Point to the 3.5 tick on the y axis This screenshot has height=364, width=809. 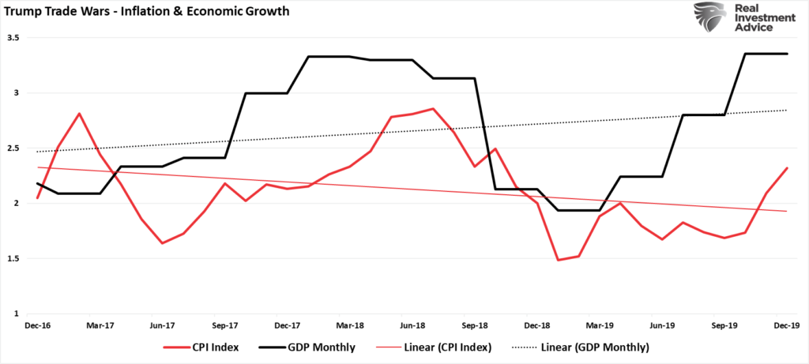(14, 38)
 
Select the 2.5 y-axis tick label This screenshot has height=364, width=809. (14, 148)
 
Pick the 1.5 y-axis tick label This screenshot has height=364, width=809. (14, 258)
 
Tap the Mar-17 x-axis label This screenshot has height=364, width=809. (100, 325)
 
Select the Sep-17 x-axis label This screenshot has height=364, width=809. (225, 325)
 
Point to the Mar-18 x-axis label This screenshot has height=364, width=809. (349, 325)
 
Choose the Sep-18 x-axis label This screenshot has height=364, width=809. (474, 325)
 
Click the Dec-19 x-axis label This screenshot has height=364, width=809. (785, 325)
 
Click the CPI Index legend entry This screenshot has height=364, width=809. (198, 347)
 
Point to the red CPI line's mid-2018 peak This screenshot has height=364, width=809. (432, 109)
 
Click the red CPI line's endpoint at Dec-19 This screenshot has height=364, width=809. (785, 167)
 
